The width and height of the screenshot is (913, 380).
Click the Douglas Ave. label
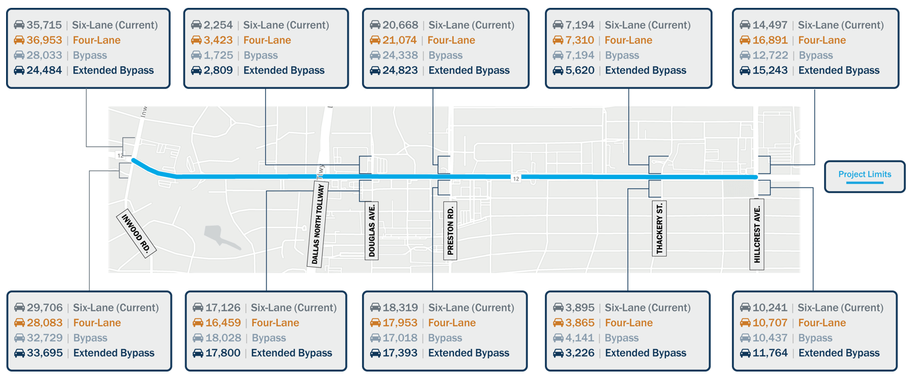[372, 231]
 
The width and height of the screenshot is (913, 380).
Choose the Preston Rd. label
[450, 231]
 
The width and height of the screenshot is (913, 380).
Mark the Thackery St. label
[659, 229]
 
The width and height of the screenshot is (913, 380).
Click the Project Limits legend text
[865, 174]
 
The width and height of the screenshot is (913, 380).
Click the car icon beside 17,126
[197, 308]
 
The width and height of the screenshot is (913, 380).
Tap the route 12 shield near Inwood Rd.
[120, 156]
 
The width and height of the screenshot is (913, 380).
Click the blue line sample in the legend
[865, 182]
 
